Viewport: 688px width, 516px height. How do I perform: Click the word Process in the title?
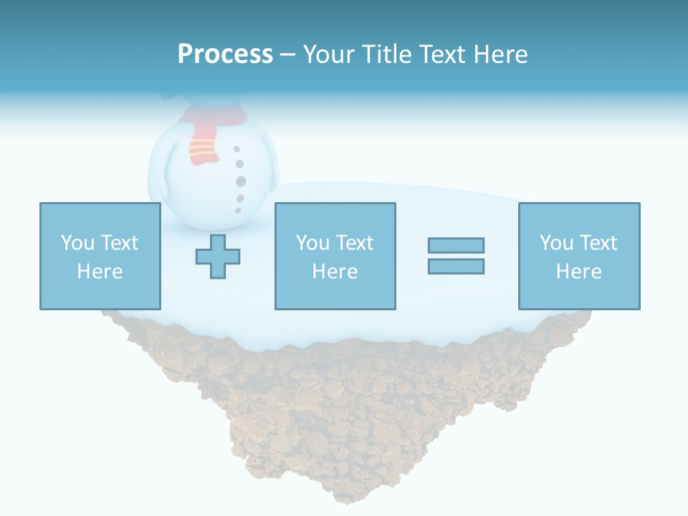point(225,54)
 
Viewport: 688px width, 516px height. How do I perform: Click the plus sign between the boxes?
point(218,257)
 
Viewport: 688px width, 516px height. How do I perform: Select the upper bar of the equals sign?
point(456,245)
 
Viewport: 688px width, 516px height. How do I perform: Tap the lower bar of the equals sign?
point(456,266)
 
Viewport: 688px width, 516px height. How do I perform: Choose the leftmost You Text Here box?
point(100,256)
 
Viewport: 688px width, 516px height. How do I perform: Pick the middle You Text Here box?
point(335,256)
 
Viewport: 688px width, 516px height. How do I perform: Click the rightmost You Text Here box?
point(578,256)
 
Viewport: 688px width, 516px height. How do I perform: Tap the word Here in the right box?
point(578,271)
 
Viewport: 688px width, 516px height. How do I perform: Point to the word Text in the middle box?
point(355,242)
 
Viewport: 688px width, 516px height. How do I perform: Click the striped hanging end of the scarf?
point(202,150)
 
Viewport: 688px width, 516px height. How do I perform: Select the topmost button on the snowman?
point(236,149)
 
